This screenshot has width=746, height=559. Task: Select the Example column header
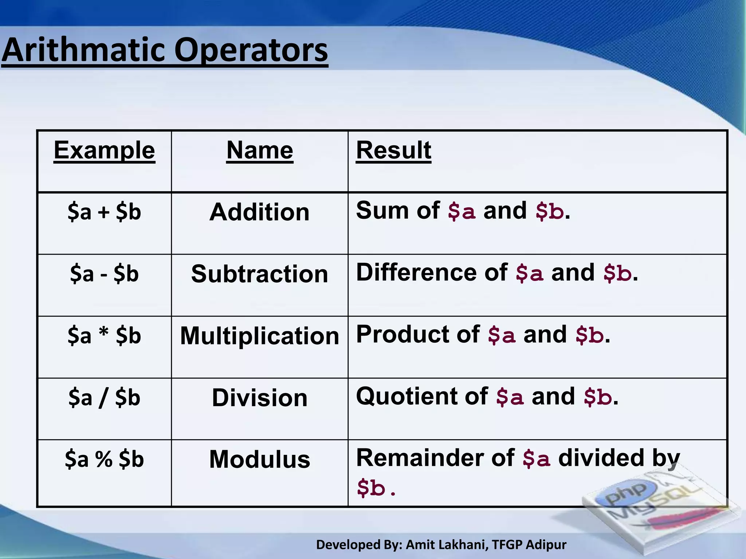[104, 150]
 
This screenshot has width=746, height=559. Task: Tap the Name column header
[259, 150]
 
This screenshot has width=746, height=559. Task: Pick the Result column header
[393, 150]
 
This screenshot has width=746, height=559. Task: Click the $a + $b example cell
[104, 212]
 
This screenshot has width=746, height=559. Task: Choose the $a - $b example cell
[104, 274]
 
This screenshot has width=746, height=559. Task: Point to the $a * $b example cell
[104, 336]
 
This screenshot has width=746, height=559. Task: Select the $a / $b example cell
[104, 397]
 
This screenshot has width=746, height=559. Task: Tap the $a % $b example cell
[104, 459]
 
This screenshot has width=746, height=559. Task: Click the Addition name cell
[259, 212]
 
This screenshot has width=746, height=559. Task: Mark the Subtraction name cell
[259, 274]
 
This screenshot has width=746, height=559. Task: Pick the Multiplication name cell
[259, 336]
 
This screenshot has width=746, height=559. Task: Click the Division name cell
[259, 397]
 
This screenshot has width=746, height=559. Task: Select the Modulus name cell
[259, 459]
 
